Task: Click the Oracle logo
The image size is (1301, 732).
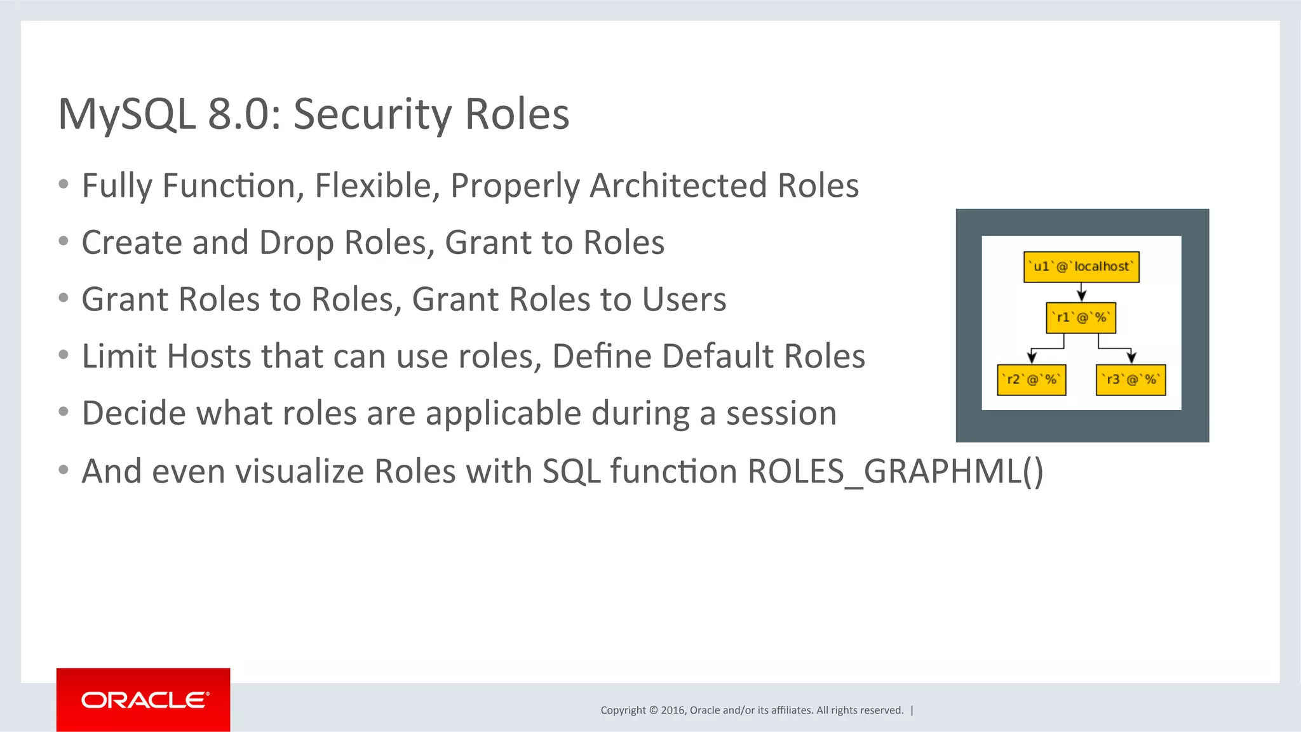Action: [144, 700]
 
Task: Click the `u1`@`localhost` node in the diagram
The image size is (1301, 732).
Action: [1081, 267]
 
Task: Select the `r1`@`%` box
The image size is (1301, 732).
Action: [1081, 317]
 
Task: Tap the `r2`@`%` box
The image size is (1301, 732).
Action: [1031, 380]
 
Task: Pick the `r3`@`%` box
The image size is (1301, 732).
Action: [1131, 380]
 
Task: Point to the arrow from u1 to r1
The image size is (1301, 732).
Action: [1081, 292]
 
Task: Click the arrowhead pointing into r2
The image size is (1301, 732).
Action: [1032, 358]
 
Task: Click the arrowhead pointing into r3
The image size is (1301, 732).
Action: [1131, 358]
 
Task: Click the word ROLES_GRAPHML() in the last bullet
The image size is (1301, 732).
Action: [895, 472]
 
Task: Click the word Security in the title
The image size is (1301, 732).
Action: [373, 115]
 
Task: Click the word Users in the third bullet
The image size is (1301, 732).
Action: [684, 300]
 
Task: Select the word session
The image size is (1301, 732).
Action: [781, 414]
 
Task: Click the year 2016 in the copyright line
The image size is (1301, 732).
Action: [672, 710]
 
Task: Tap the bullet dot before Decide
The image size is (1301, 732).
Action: [63, 412]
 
